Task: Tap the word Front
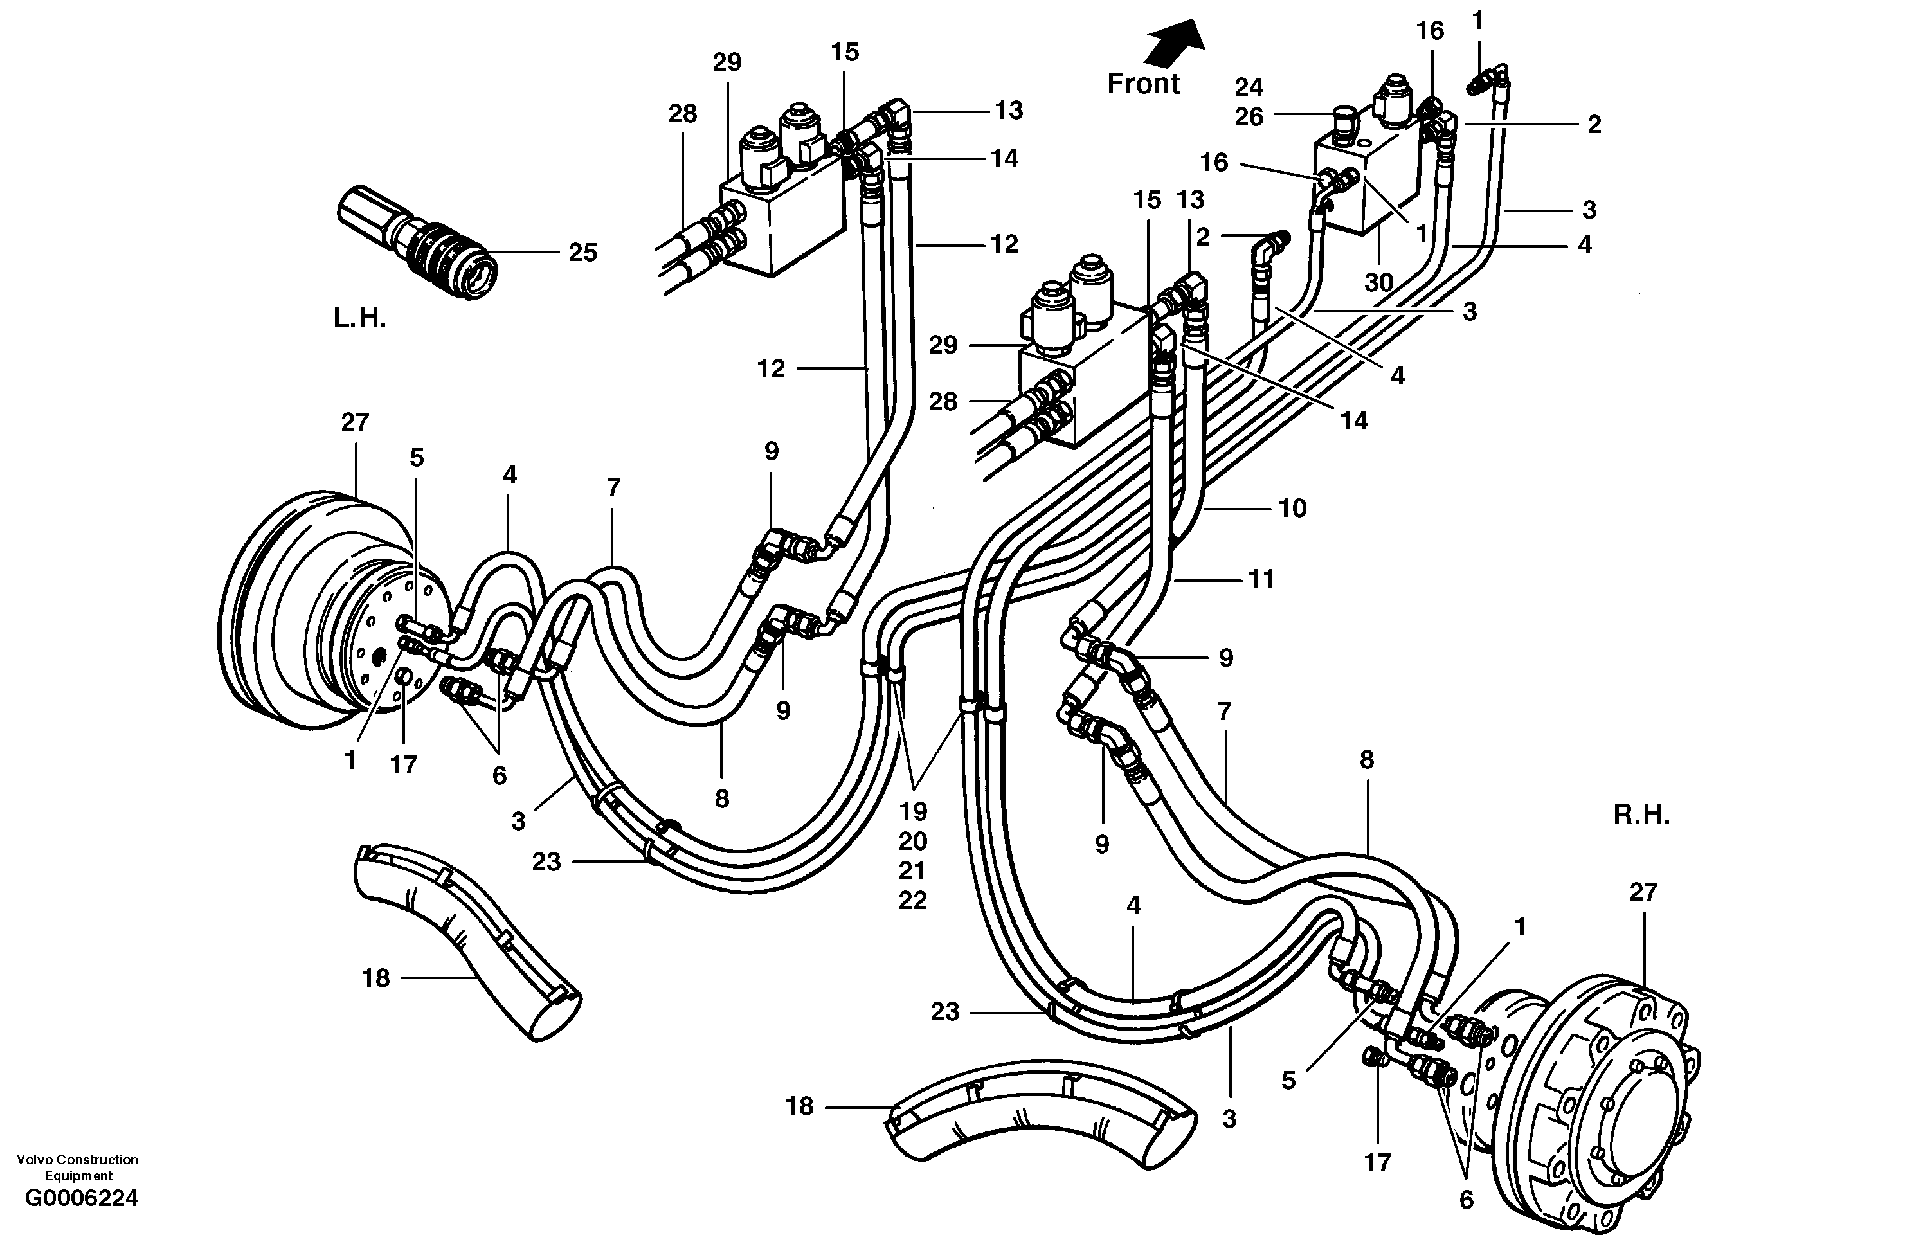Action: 1142,84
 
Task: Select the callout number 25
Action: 583,253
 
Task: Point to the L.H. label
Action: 359,318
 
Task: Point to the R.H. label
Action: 1641,815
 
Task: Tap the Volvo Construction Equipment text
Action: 77,1167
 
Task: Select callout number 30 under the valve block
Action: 1378,282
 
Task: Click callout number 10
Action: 1292,509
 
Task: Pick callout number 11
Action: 1261,579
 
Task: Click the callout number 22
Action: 913,900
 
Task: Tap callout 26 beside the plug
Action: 1249,118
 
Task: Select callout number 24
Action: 1249,87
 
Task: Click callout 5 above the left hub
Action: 416,458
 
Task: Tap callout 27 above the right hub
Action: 1643,892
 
